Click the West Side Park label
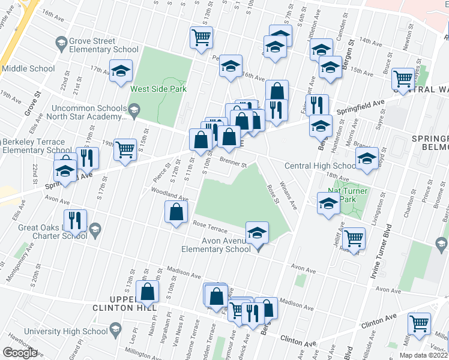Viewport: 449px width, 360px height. click(x=158, y=89)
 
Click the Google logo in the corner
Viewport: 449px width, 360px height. click(x=20, y=353)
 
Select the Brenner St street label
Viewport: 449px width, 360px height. click(x=233, y=162)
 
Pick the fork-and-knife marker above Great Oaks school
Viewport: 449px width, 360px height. click(x=77, y=220)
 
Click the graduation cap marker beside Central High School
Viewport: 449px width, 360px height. click(x=367, y=158)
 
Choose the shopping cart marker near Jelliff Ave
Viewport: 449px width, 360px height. click(x=354, y=238)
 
